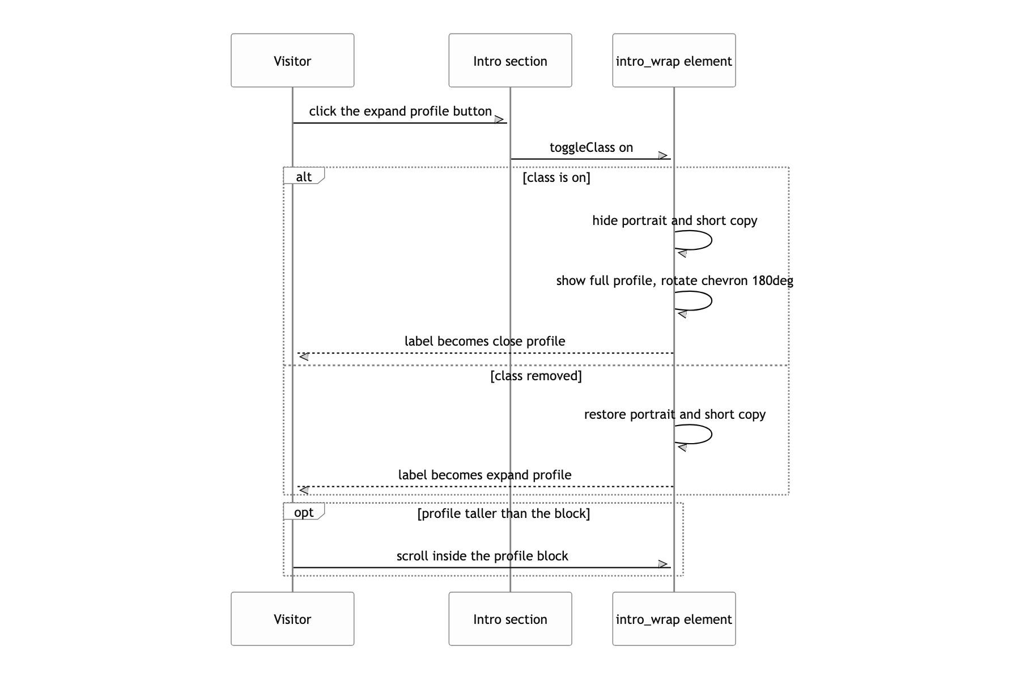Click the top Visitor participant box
point(292,60)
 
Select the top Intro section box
point(510,60)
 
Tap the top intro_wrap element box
point(674,60)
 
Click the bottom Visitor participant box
point(292,619)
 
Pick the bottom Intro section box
point(510,619)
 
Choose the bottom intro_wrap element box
point(674,619)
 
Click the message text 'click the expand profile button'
point(400,111)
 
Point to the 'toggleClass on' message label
point(591,147)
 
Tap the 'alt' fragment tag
point(304,176)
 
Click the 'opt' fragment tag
point(304,512)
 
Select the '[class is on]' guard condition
point(556,177)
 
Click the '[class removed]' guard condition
point(536,376)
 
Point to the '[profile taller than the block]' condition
point(504,513)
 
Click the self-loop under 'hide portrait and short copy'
point(711,240)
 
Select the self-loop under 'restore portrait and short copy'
point(711,434)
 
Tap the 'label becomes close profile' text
point(484,341)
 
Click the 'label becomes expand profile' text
point(484,475)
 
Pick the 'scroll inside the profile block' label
point(482,556)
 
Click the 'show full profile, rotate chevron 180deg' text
point(674,280)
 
